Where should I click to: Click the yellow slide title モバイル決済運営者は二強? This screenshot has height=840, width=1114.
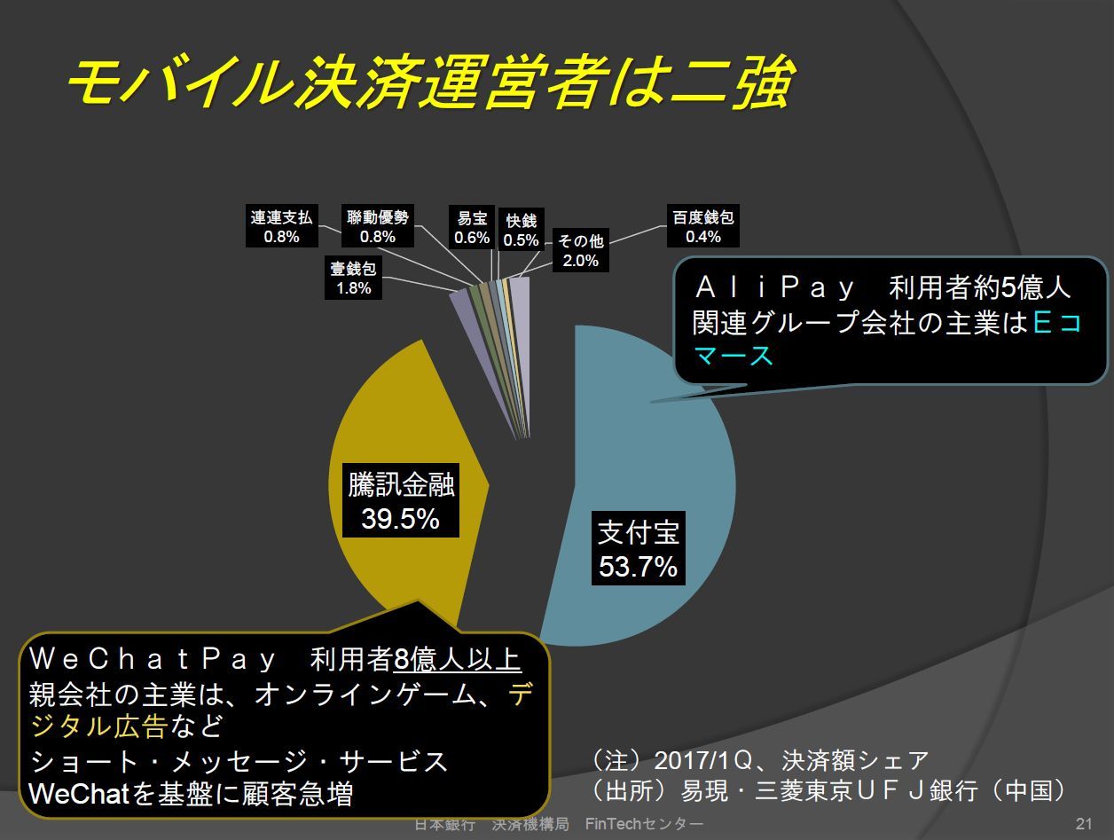430,82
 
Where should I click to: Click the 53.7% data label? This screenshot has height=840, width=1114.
638,566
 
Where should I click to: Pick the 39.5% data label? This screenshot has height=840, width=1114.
400,518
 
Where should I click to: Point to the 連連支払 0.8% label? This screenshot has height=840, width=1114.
282,226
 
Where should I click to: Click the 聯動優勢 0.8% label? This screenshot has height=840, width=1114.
378,226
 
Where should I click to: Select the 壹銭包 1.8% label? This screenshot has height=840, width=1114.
353,279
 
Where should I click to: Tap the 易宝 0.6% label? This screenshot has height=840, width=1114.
472,227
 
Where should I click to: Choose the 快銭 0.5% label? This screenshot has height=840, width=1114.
522,230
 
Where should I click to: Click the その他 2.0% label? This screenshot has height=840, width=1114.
581,250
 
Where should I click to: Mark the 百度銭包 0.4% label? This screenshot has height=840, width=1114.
703,226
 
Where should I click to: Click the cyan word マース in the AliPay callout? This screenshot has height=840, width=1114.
734,355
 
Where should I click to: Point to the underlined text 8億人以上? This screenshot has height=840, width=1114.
458,659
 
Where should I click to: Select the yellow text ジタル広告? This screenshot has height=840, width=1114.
99,726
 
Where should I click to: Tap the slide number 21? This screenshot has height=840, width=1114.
1084,823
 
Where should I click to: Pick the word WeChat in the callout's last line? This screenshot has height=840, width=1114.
80,794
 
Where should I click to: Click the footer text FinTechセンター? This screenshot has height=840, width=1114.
644,823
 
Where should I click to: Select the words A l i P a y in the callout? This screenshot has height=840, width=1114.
774,287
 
